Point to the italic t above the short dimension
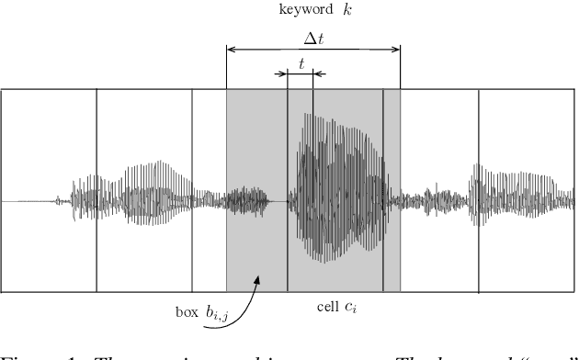(301, 63)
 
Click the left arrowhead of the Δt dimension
(231, 51)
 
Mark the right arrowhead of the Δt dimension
(396, 51)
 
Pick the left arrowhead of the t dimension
(291, 74)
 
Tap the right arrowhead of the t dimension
(309, 74)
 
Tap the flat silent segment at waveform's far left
(28, 200)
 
